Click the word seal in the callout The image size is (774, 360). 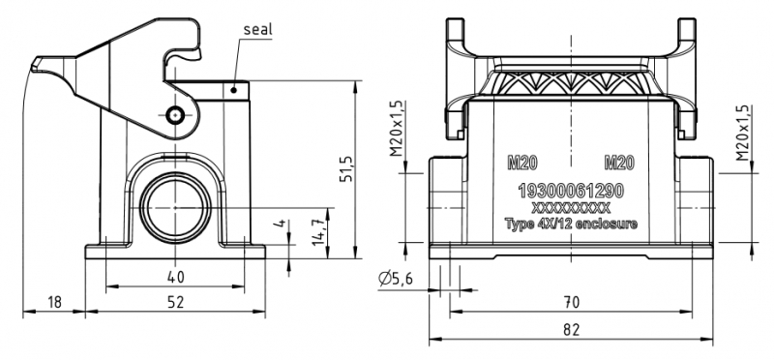(257, 29)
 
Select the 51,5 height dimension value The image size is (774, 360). (346, 168)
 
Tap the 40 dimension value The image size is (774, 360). (175, 277)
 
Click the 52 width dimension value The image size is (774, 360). (175, 302)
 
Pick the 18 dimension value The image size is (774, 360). (54, 302)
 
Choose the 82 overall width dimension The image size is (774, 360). (571, 329)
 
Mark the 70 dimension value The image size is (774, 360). (571, 302)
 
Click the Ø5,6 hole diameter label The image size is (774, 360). (395, 280)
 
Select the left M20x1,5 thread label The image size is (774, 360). (397, 129)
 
